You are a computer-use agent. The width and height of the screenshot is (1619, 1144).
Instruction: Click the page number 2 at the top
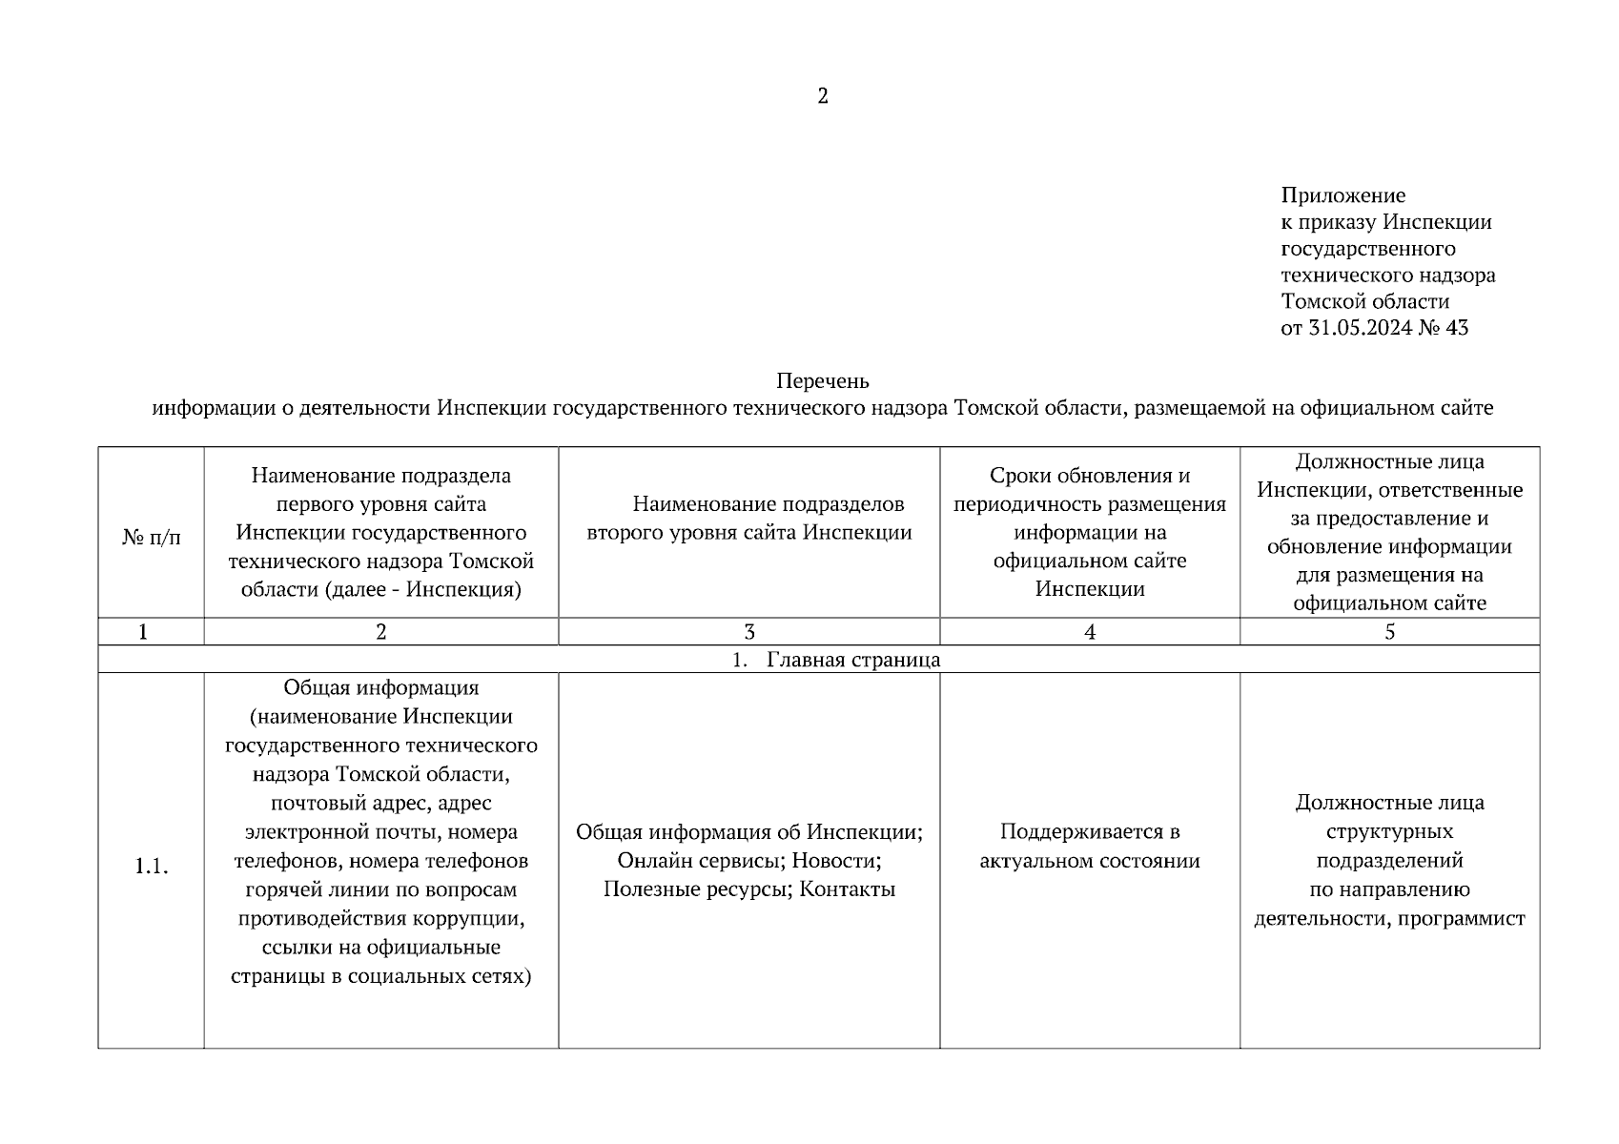tap(823, 96)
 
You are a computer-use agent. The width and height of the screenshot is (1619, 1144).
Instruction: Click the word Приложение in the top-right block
tap(1342, 196)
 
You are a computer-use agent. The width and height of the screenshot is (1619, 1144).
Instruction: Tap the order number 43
tap(1457, 329)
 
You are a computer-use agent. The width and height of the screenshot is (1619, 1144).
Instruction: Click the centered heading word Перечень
tap(823, 381)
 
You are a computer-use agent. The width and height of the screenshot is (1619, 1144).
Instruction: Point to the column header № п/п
tap(151, 538)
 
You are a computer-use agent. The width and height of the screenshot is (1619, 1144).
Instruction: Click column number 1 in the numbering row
tap(143, 632)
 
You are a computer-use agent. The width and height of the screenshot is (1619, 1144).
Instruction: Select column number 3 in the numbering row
tap(749, 632)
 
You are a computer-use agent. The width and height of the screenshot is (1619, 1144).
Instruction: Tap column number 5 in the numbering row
tap(1389, 632)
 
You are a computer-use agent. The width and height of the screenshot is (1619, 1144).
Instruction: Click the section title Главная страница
tap(852, 660)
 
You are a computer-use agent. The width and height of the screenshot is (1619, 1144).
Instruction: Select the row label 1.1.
tap(151, 867)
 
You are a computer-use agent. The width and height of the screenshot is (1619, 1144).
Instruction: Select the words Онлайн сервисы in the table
tap(699, 861)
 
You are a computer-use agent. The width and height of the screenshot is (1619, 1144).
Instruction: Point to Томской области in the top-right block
tap(1364, 302)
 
